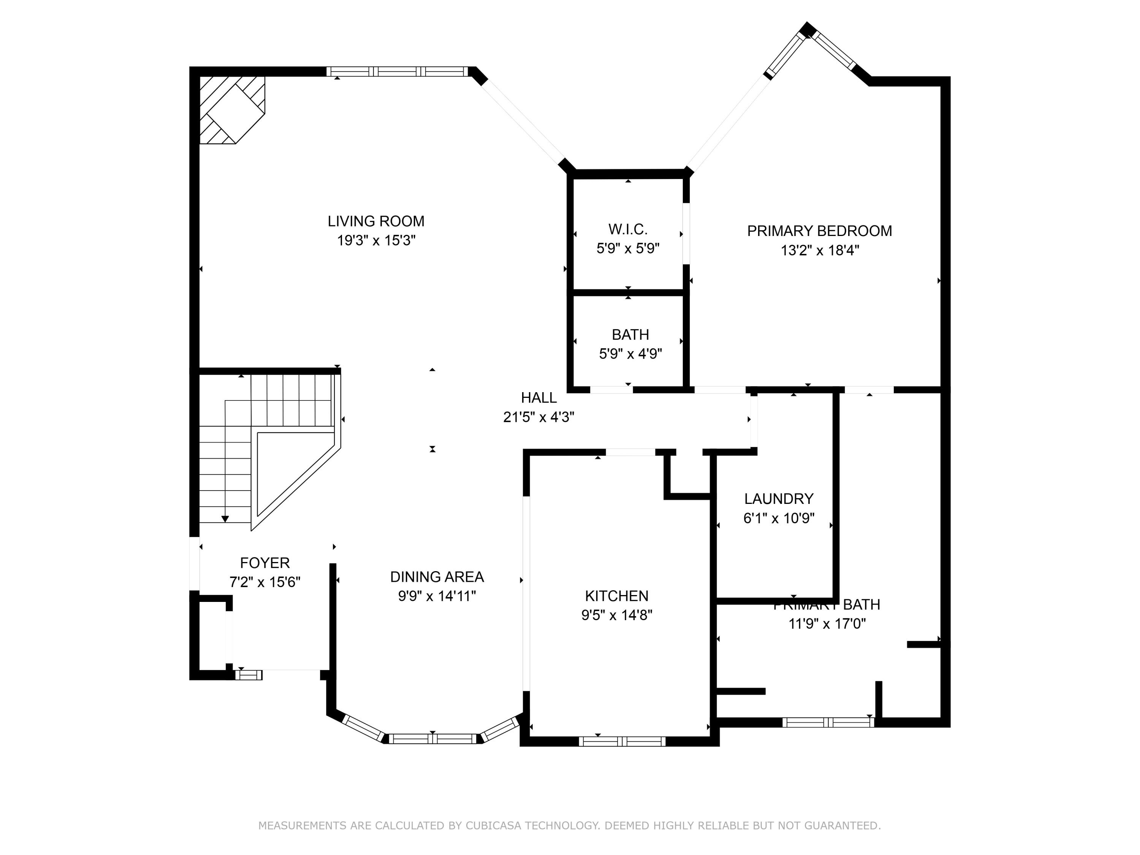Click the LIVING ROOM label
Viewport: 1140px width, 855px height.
click(x=376, y=221)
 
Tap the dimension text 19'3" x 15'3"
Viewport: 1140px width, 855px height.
click(x=376, y=241)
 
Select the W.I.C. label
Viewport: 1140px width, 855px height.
click(x=627, y=229)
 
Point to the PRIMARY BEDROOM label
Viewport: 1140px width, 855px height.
click(x=819, y=231)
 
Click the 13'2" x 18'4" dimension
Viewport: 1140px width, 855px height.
click(x=819, y=250)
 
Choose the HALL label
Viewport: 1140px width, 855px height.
click(x=538, y=397)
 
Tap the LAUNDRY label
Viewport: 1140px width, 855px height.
click(x=778, y=498)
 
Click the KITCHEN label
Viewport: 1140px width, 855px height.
click(x=616, y=596)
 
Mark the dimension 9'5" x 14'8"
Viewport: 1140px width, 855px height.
click(x=616, y=615)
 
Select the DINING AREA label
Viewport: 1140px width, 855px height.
click(x=437, y=577)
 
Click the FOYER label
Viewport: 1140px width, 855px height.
click(x=264, y=562)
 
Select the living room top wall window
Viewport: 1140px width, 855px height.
click(x=396, y=72)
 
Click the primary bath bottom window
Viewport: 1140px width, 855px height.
click(x=828, y=722)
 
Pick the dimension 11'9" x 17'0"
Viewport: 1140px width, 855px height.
click(x=826, y=624)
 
